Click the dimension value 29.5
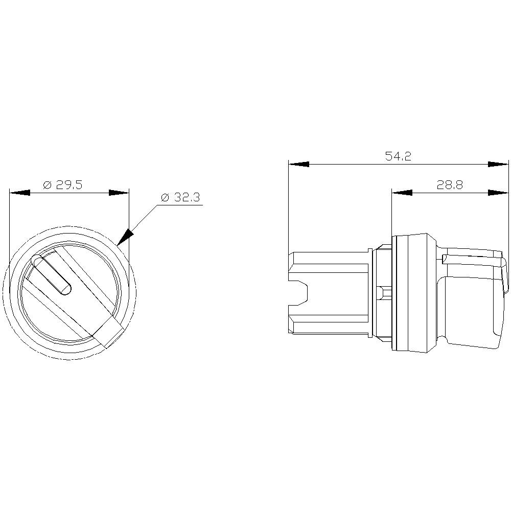point(69,185)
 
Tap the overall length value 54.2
point(398,157)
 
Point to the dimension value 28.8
point(450,185)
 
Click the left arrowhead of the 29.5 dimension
point(19,193)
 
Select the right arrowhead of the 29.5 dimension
point(119,193)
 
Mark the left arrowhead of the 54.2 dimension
point(298,165)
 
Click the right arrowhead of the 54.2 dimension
point(498,165)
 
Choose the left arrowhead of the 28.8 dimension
point(402,193)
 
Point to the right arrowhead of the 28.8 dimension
point(498,193)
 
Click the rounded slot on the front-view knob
point(52,275)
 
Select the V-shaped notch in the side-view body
point(301,293)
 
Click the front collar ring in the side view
point(411,293)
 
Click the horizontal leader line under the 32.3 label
point(179,205)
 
